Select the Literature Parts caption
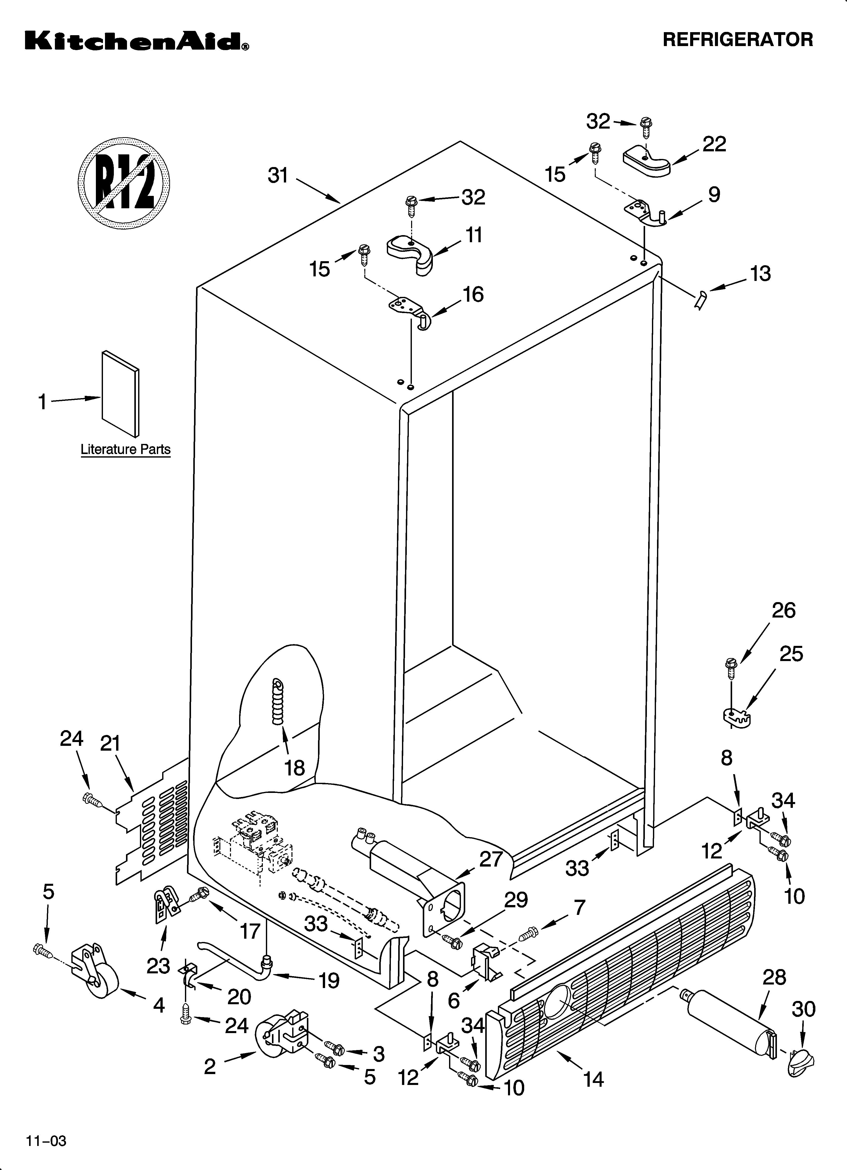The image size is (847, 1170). tap(125, 449)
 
